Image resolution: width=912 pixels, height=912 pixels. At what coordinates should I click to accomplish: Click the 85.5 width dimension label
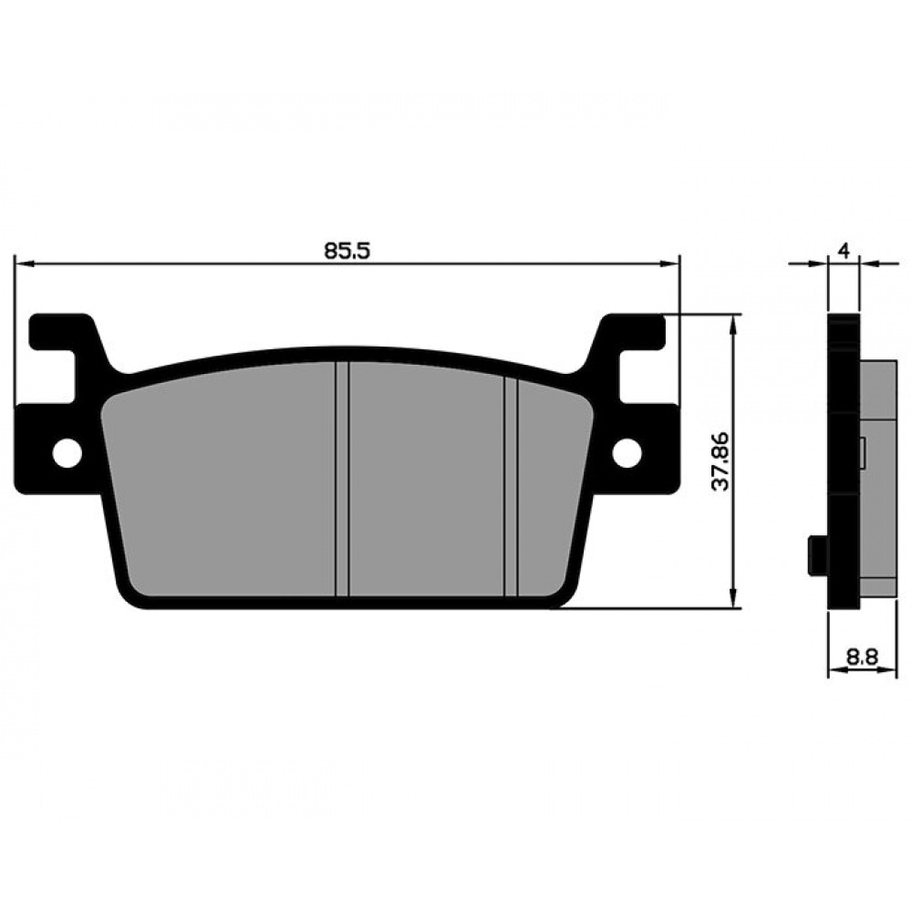[347, 251]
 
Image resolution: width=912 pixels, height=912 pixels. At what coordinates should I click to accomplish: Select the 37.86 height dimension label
[721, 461]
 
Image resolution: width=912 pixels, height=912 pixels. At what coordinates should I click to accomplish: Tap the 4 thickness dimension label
[844, 252]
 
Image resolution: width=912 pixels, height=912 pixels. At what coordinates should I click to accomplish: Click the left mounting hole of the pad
[67, 451]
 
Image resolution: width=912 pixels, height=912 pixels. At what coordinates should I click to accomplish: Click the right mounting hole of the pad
[627, 451]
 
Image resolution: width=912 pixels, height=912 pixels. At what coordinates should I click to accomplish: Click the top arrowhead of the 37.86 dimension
[734, 324]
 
